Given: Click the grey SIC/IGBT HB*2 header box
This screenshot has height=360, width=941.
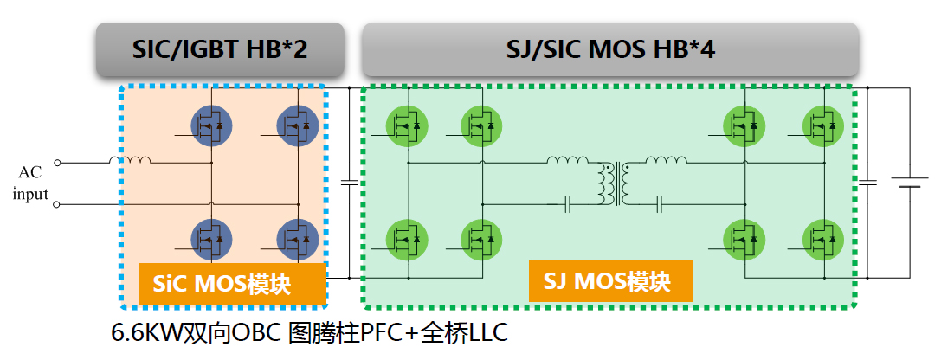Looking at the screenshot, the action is click(x=220, y=49).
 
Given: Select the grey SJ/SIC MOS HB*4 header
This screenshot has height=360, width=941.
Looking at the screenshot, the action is click(x=610, y=49).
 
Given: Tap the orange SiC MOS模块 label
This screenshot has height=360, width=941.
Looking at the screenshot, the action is click(x=232, y=283).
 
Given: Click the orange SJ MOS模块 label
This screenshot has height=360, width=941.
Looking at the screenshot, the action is click(x=610, y=280).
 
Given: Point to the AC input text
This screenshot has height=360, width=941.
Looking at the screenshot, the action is click(x=30, y=183).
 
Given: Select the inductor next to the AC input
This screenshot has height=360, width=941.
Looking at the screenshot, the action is click(x=130, y=160).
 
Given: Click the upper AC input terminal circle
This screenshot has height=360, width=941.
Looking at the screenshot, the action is click(x=57, y=162).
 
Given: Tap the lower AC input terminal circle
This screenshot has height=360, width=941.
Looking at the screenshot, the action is click(x=57, y=204).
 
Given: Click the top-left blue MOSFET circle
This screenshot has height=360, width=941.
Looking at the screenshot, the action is click(x=211, y=126).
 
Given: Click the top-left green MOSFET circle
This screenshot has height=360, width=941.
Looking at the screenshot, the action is click(x=408, y=126).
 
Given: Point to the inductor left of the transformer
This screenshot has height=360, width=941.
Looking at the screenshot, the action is click(x=567, y=160).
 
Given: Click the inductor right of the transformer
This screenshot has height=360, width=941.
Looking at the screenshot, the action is click(x=666, y=160).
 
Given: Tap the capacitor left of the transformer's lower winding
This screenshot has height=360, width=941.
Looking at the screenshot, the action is click(x=568, y=205).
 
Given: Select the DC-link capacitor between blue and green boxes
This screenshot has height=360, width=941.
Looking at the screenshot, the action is click(x=349, y=182).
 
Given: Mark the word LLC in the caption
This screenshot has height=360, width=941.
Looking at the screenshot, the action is click(x=488, y=332).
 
